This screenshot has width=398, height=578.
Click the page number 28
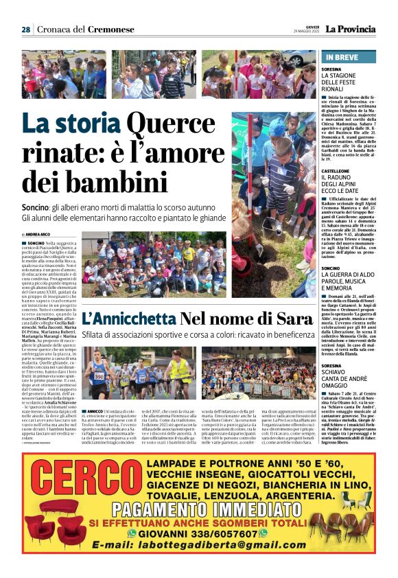point(25,30)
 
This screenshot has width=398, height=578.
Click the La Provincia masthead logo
point(351,29)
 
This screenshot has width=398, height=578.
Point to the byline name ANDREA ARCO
point(40,235)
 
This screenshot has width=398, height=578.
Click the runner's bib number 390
point(99,375)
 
